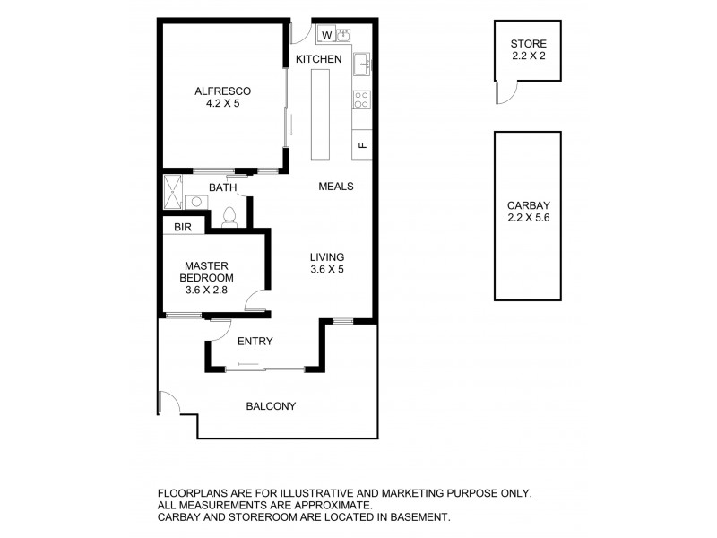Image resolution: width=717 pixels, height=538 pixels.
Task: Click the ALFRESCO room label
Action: point(222,91)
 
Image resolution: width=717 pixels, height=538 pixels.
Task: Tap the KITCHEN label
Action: point(319,59)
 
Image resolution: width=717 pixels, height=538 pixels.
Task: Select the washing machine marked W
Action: point(326,35)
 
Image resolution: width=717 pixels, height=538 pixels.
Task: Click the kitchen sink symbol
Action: point(361,63)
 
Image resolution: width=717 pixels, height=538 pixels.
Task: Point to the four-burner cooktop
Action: point(362,100)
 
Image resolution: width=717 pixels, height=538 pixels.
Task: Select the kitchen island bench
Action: point(320,114)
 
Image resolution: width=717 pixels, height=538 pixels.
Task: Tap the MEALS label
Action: point(336,187)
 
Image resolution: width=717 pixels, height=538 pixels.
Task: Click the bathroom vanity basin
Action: point(196,202)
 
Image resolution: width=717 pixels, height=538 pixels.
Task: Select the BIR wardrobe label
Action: point(184,228)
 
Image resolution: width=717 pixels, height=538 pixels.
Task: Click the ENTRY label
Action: point(255,341)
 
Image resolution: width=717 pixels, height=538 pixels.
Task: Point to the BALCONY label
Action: point(271,406)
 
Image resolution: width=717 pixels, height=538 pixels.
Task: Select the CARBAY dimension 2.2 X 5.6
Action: point(528,217)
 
